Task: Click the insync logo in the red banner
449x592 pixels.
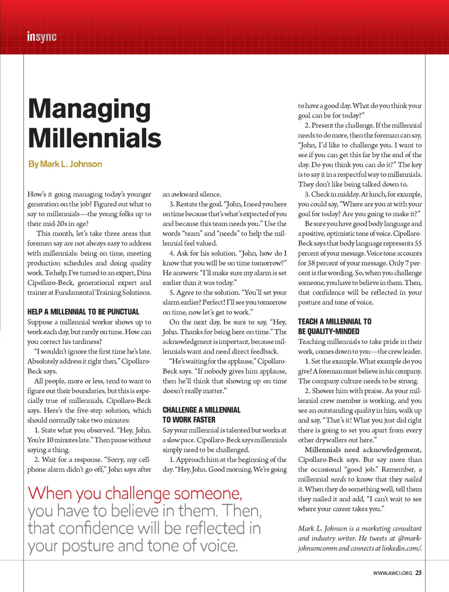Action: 42,37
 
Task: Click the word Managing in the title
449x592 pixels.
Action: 89,109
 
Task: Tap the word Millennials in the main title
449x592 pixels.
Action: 95,138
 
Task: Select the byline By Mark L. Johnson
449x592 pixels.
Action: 65,164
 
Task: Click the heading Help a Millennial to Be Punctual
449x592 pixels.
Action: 83,312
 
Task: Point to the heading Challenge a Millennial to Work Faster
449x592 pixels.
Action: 201,415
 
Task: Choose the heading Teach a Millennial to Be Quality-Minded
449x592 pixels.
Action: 335,326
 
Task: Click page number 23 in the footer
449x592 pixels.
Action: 418,573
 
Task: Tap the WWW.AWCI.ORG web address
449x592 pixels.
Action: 392,573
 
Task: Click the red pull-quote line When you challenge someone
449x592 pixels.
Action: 135,493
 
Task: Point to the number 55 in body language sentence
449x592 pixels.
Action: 418,244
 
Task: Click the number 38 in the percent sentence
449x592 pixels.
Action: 311,263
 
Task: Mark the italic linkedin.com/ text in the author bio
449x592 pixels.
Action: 402,548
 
